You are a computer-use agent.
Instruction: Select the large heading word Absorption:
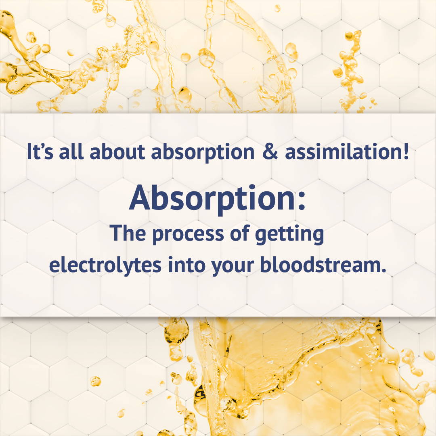pos(218,198)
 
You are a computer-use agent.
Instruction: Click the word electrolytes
pos(105,264)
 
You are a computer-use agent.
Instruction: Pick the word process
pos(188,234)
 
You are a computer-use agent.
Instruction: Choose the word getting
pos(289,234)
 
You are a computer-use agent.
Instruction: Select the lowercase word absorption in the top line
pos(203,152)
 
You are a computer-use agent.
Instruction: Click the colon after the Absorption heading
pos(302,201)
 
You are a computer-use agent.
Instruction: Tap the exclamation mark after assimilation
pos(406,151)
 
